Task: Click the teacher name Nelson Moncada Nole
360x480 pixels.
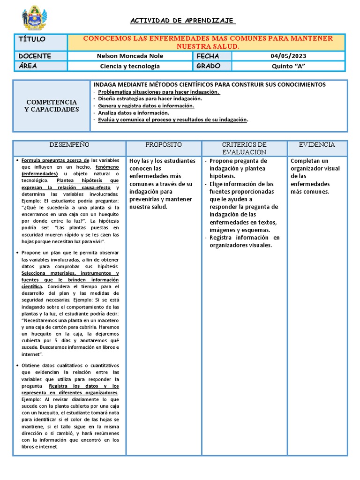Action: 130,56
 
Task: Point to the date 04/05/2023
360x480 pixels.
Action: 288,56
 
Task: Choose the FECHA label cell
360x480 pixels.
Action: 208,56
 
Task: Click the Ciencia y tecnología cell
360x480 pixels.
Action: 130,66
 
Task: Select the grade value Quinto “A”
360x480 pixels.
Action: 288,66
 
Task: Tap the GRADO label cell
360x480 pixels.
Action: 209,66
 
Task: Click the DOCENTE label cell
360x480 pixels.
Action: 35,56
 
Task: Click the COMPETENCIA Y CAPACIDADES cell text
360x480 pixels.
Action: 51,105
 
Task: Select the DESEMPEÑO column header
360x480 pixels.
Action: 69,145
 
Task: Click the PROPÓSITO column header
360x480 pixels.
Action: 164,145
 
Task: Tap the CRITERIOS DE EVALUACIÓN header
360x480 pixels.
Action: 244,148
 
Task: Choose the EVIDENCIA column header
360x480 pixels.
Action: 318,145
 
